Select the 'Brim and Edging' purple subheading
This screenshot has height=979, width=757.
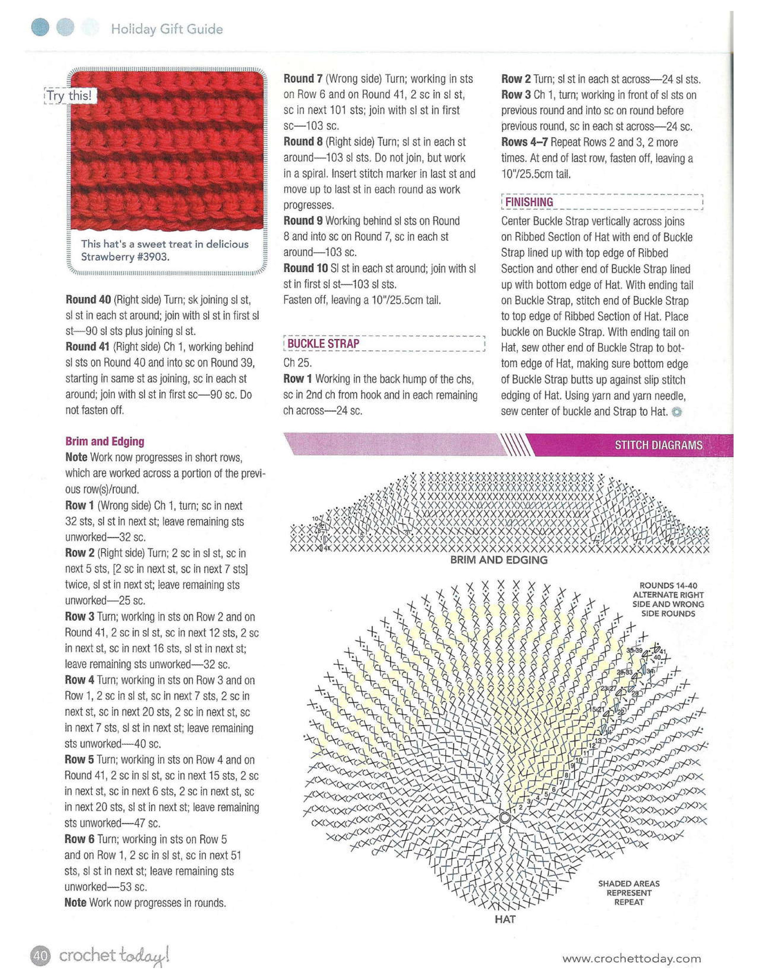point(105,441)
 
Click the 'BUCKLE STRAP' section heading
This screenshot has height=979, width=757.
point(323,344)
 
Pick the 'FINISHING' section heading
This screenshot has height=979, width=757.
point(529,202)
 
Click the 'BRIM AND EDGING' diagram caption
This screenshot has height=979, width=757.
point(499,560)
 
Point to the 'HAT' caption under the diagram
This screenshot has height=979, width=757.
point(505,919)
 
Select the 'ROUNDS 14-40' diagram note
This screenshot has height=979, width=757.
point(668,599)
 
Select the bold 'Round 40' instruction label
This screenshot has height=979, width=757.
point(88,299)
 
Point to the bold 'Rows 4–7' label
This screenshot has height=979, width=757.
point(524,142)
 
